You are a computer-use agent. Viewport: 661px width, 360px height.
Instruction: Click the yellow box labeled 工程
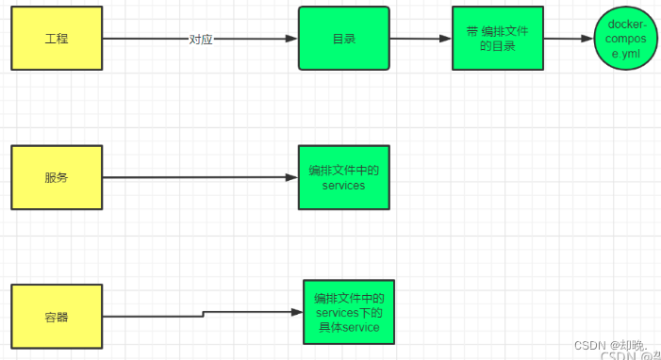click(56, 39)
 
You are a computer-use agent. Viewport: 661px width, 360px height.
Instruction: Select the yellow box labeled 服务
click(56, 177)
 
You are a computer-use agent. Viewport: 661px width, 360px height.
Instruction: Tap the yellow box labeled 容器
click(56, 316)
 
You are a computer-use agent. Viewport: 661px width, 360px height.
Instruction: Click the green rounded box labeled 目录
click(343, 39)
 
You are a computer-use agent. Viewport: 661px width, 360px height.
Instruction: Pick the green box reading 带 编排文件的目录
click(497, 39)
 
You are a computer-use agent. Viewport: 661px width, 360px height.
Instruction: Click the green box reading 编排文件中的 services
click(343, 177)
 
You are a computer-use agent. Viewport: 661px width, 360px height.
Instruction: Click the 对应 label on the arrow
click(200, 40)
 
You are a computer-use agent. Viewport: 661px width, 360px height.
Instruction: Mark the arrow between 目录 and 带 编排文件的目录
click(421, 39)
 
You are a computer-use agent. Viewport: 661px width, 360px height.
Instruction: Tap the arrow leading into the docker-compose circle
click(569, 39)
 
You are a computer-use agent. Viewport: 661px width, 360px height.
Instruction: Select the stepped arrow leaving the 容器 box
click(204, 313)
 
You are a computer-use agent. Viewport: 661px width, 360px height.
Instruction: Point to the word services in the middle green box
click(343, 186)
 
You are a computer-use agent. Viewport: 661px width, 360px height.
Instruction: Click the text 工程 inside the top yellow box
click(56, 39)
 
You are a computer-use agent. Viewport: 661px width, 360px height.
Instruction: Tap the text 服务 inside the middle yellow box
click(56, 177)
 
